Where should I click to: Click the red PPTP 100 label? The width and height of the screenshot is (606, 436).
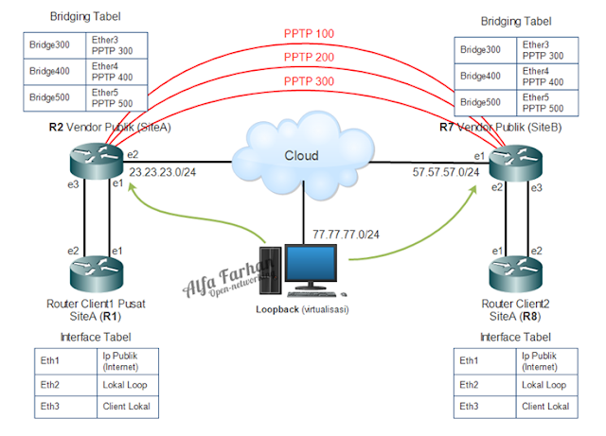click(x=310, y=33)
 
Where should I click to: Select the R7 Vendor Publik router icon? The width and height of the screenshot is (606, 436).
click(x=515, y=159)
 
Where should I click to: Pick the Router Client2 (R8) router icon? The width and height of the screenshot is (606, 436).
click(x=515, y=274)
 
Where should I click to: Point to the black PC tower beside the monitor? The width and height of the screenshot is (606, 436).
click(x=271, y=266)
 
